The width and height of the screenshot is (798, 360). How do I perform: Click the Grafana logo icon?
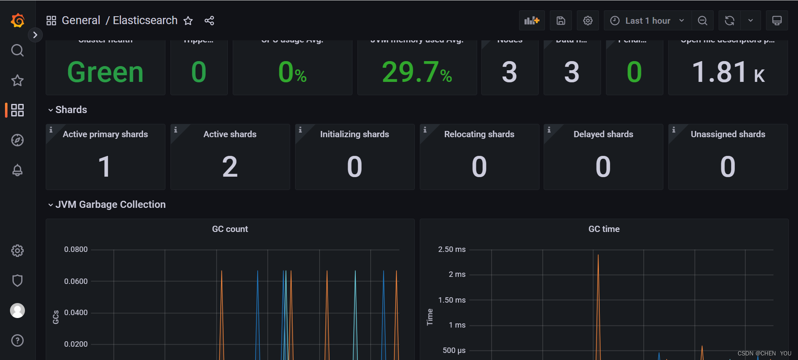point(17,20)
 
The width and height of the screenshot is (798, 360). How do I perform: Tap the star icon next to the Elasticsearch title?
point(188,21)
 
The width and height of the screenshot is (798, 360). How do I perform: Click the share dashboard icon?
point(209,21)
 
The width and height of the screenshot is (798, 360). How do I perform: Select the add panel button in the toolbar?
point(532,21)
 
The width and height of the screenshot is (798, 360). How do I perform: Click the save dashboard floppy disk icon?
point(561,21)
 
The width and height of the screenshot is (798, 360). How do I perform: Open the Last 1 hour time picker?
point(648,21)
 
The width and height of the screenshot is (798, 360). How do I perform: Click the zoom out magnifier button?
point(702,21)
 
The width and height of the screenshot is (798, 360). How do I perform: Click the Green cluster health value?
point(106,72)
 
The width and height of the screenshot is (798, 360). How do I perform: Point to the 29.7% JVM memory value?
point(417,72)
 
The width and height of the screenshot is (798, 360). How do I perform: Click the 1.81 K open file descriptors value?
point(728,72)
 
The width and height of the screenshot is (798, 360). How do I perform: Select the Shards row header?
point(71,110)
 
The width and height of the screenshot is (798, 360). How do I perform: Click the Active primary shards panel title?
point(105,134)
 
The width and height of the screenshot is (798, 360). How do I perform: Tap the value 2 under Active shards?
point(230,167)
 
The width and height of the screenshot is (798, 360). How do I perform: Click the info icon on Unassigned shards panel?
point(674,130)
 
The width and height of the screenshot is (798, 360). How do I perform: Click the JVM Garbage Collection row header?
point(110,205)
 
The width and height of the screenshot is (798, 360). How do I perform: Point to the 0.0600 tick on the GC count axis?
point(76,281)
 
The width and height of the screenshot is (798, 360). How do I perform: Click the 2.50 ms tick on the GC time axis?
point(452,249)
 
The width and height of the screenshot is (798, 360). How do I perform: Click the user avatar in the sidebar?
point(17,311)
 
